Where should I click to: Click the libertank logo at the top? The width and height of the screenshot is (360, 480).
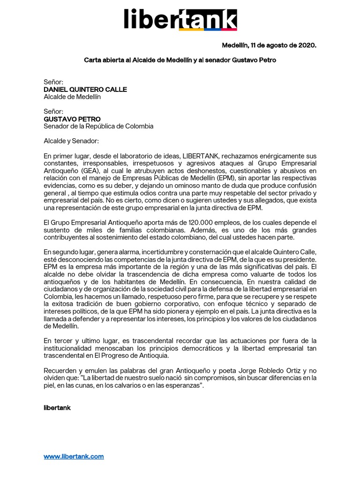pyautogui.click(x=180, y=20)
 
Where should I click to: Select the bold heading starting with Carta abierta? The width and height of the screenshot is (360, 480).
pyautogui.click(x=183, y=60)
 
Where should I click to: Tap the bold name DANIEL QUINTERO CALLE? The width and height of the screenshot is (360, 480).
pyautogui.click(x=85, y=90)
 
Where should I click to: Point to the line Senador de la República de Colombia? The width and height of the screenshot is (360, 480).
pyautogui.click(x=98, y=127)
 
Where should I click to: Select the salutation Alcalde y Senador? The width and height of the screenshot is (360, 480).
pyautogui.click(x=71, y=141)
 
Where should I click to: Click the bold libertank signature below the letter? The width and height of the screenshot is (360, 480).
pyautogui.click(x=57, y=408)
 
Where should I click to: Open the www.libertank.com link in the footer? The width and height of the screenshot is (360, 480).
pyautogui.click(x=74, y=456)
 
